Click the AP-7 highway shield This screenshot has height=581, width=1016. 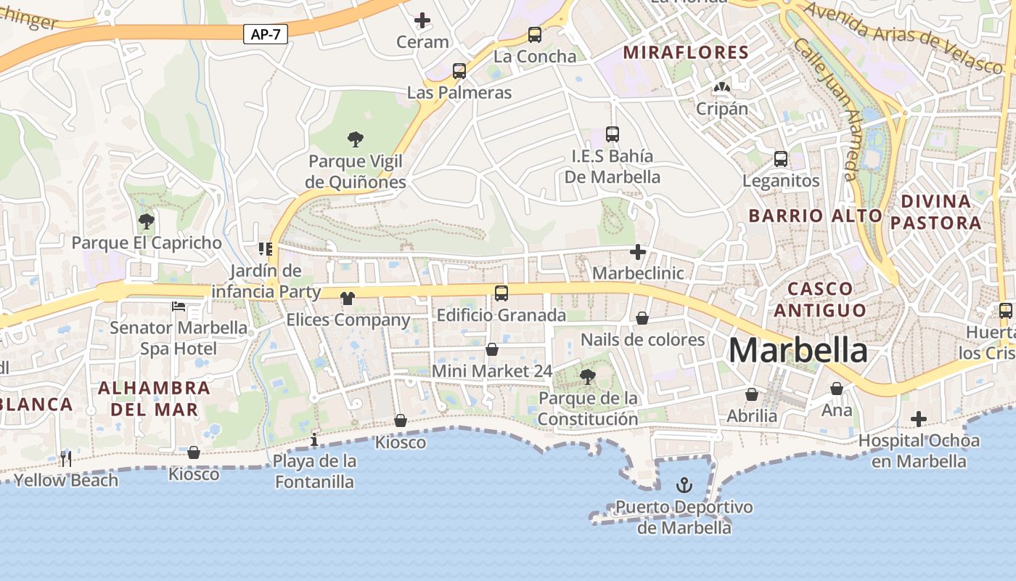[x=266, y=34]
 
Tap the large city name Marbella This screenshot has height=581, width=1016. [x=798, y=351]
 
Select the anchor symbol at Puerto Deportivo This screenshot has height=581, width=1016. [x=684, y=484]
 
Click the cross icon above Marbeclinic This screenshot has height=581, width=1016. [x=638, y=252]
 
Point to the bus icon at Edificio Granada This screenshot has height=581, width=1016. [x=501, y=293]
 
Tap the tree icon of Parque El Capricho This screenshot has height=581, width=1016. [x=146, y=221]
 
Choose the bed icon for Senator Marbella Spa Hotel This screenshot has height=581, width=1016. [x=179, y=306]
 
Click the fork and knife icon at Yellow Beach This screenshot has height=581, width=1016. [x=66, y=458]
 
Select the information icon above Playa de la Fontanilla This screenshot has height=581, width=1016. [x=314, y=439]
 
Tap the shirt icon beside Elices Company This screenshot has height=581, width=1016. [x=348, y=298]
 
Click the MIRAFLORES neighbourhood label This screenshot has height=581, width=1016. [x=686, y=52]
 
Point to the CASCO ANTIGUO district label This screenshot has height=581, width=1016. [x=820, y=299]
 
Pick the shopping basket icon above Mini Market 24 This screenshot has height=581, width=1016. [x=492, y=349]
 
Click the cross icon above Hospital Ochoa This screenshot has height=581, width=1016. [x=919, y=419]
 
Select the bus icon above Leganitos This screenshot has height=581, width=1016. [x=781, y=159]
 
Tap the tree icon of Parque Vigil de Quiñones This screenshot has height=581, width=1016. [x=356, y=139]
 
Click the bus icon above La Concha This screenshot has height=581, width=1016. [x=535, y=35]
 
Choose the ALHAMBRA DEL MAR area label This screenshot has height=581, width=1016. [x=154, y=398]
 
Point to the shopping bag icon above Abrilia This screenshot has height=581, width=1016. [x=752, y=394]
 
